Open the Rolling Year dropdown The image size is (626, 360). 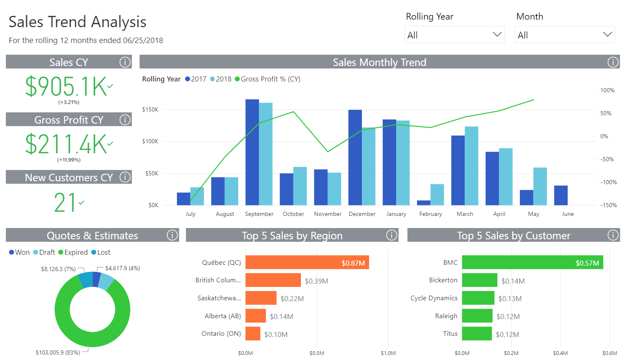[x=454, y=35]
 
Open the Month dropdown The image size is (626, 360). [x=565, y=35]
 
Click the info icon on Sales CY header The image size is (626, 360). [x=125, y=62]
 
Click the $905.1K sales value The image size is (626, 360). [x=66, y=86]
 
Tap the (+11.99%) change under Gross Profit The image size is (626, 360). [x=69, y=160]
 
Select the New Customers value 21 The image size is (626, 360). [x=65, y=203]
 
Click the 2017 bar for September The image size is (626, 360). [x=252, y=152]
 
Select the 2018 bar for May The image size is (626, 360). [x=540, y=186]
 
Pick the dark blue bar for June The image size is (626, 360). [x=561, y=195]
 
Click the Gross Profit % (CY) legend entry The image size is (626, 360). [x=267, y=79]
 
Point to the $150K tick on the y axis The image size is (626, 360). [x=150, y=109]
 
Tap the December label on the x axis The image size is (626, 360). [x=362, y=214]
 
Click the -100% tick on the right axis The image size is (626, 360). [x=608, y=182]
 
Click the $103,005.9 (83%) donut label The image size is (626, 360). [x=58, y=352]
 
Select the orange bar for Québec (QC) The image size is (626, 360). [x=307, y=262]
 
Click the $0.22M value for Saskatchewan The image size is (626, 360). [x=292, y=299]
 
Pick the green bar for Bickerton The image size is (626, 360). [x=479, y=280]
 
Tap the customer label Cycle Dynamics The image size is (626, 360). [x=434, y=298]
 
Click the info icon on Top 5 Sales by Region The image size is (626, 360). [x=392, y=235]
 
